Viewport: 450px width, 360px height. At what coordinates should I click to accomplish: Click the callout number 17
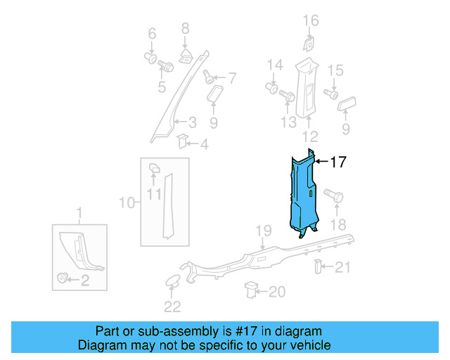coord(338,162)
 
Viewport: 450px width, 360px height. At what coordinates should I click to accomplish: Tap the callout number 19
coord(262,231)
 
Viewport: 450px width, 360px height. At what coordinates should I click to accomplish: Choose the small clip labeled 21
coord(317,266)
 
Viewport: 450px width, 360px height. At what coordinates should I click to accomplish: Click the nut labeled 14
coord(273,89)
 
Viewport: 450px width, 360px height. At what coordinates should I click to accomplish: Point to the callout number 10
coord(127,203)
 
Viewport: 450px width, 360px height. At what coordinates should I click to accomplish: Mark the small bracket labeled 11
coord(155,169)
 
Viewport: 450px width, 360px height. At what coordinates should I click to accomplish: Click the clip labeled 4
coord(182,141)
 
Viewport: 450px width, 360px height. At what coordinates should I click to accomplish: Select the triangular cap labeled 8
coord(185,56)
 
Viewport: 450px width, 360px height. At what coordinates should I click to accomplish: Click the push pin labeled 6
coord(150,56)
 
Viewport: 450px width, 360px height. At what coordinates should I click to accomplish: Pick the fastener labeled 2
coord(63,279)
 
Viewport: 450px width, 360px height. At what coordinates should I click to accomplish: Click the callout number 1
coord(79,212)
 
